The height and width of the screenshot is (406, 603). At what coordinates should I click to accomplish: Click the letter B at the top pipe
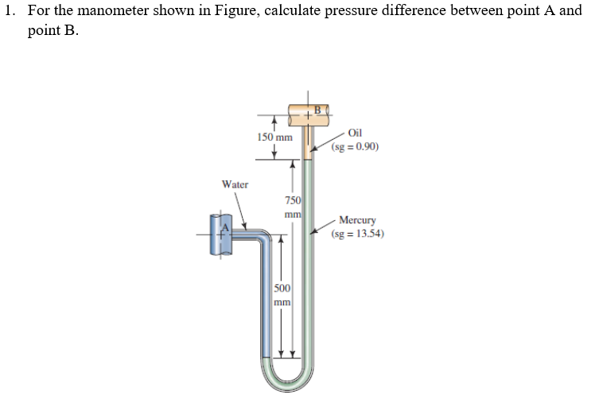317,109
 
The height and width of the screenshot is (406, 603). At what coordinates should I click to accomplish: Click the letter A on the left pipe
224,228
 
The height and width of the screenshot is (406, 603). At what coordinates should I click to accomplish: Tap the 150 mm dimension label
274,137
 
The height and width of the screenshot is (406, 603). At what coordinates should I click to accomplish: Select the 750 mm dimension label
293,207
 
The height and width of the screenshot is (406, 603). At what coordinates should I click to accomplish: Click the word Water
235,184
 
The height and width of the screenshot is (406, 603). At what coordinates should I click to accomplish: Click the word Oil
355,133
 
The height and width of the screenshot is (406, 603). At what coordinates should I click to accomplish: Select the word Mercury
357,220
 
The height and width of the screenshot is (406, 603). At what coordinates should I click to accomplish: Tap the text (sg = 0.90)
355,147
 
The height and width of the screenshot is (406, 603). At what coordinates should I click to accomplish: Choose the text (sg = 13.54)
359,234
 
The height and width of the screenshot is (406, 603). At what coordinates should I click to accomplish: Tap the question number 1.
9,11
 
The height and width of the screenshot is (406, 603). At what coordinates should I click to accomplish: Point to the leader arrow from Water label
242,211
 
